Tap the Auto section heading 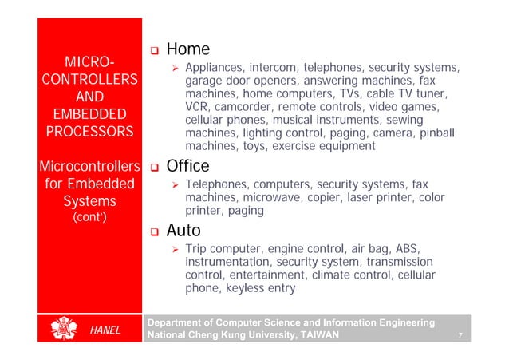(183, 231)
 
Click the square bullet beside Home (156, 51)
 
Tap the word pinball (437, 133)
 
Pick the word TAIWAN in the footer (312, 336)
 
